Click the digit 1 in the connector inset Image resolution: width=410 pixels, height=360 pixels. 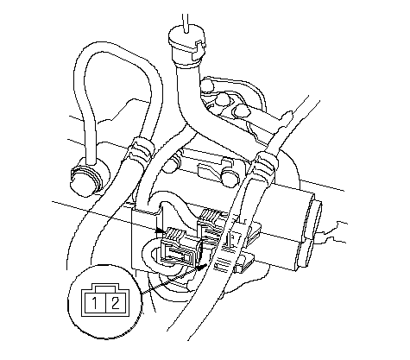click(x=95, y=304)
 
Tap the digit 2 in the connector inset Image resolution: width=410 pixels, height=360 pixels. click(x=115, y=304)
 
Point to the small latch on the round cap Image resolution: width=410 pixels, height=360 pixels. click(x=201, y=46)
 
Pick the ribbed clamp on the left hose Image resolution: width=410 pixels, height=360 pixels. click(x=140, y=148)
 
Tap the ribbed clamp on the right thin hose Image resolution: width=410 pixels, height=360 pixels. click(x=265, y=167)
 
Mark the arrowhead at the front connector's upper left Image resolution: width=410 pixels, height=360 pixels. click(x=161, y=231)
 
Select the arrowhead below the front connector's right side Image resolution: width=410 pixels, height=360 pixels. click(x=201, y=268)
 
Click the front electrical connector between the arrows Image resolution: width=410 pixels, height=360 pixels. click(x=180, y=245)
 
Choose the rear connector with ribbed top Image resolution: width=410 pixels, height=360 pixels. click(x=212, y=225)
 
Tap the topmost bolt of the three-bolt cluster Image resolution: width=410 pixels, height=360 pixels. click(x=208, y=85)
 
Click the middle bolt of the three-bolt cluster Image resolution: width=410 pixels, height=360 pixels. click(x=223, y=100)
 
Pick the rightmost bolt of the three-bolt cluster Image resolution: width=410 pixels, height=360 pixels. click(x=241, y=111)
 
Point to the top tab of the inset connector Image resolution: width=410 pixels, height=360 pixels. click(x=105, y=287)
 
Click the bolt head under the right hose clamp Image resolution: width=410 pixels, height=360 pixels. click(x=230, y=176)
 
